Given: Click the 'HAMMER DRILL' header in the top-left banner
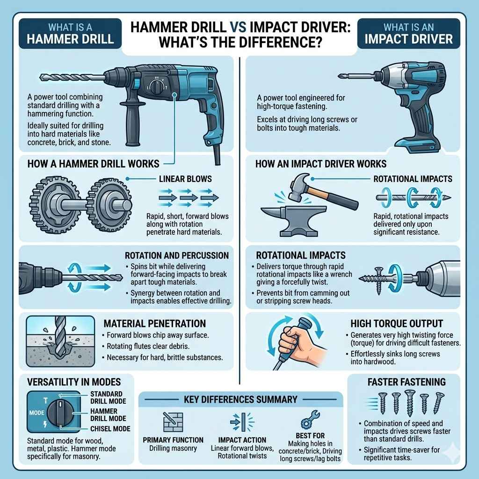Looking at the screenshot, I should (x=71, y=37).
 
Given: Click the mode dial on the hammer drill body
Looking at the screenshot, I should (x=154, y=86).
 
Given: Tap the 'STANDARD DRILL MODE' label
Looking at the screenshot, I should (x=106, y=398).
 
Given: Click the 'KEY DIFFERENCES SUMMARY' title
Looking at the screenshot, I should (x=241, y=399).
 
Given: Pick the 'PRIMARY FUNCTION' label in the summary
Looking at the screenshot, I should (x=174, y=440).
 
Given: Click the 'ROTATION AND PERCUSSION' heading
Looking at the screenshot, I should (x=176, y=256).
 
